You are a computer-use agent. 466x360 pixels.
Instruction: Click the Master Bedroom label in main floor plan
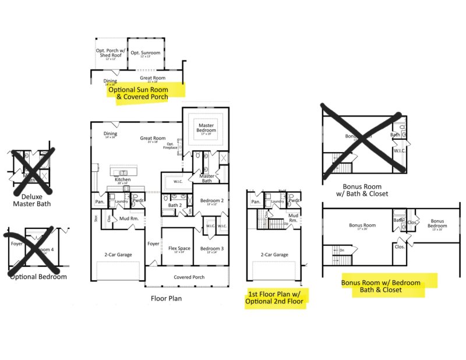click(206, 128)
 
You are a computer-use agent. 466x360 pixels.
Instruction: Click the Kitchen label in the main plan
click(123, 180)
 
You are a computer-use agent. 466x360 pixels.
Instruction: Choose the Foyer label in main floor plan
click(153, 244)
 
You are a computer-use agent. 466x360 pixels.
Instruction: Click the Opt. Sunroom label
click(146, 53)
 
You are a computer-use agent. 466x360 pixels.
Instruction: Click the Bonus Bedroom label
click(437, 224)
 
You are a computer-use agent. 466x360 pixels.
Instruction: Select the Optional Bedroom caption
click(38, 277)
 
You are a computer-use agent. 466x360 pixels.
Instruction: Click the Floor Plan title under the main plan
click(167, 298)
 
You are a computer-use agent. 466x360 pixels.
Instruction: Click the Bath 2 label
click(175, 205)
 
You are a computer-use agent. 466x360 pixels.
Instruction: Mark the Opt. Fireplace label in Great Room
click(170, 146)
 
